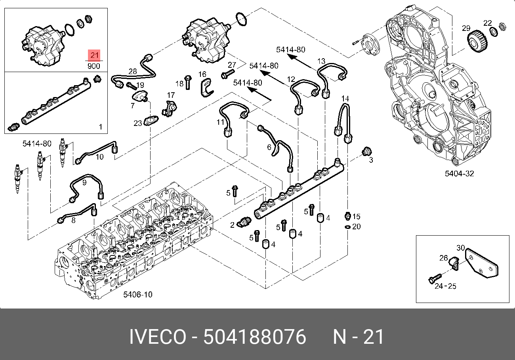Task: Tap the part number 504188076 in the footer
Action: (x=255, y=337)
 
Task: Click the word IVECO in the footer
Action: (x=157, y=337)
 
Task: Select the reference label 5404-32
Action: (x=459, y=173)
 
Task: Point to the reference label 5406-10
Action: (x=137, y=295)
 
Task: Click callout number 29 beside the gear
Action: (x=466, y=28)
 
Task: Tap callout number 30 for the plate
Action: (x=460, y=248)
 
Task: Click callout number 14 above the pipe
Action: (x=345, y=98)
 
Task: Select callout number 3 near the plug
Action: (x=371, y=160)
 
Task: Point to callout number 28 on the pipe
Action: (x=133, y=71)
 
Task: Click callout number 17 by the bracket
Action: (x=170, y=95)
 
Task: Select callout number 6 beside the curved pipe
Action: (x=269, y=147)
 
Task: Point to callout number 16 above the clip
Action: (x=202, y=74)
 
